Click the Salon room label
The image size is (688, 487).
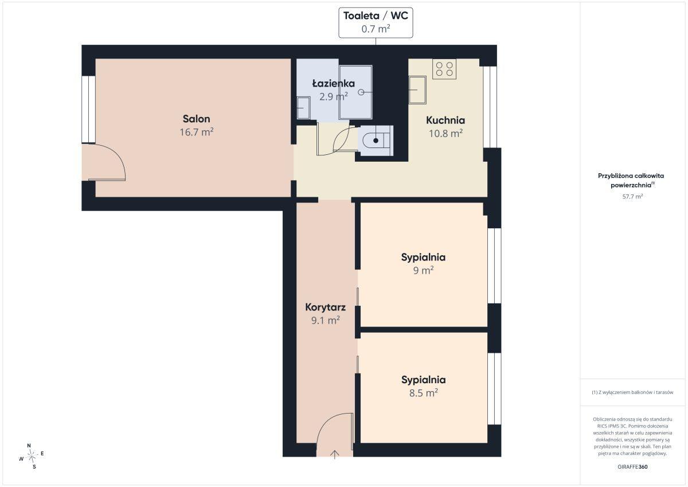[196, 119]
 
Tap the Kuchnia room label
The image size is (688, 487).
[445, 120]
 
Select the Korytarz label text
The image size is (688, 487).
[325, 307]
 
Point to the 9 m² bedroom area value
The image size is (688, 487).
[423, 270]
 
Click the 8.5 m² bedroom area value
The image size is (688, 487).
[423, 393]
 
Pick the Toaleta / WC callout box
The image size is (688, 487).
[376, 23]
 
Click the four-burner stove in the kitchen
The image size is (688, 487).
[444, 69]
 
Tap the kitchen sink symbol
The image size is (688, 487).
[417, 90]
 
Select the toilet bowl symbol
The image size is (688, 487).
[376, 141]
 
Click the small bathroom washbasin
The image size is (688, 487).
[303, 108]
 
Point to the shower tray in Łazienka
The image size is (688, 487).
[355, 92]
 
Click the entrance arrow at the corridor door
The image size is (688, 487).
[334, 454]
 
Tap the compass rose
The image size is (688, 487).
[32, 456]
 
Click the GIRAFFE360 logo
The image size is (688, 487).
[632, 467]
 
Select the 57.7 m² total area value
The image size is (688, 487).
[632, 196]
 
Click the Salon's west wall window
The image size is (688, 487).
[88, 110]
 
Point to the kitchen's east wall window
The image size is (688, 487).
[490, 107]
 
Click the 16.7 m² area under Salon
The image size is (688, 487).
[196, 132]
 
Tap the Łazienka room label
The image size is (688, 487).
[334, 83]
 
